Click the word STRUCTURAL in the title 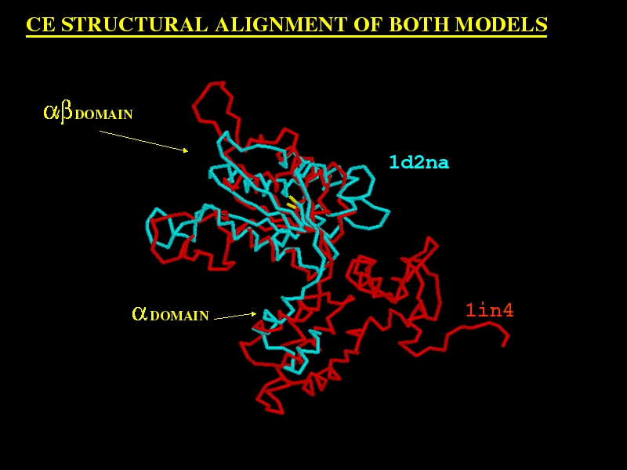pos(135,24)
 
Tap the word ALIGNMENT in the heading pos(281,24)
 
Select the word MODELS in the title pos(502,24)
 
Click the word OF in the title pos(368,24)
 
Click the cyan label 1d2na pos(419,162)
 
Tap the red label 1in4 pos(489,310)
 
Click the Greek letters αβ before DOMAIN pos(58,112)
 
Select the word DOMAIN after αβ pos(103,114)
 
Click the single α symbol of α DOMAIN pos(140,314)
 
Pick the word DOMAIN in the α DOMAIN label pos(179,316)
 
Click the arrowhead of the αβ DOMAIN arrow pos(186,150)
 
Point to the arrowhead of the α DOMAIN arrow pos(253,314)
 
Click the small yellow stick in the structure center pos(292,203)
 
